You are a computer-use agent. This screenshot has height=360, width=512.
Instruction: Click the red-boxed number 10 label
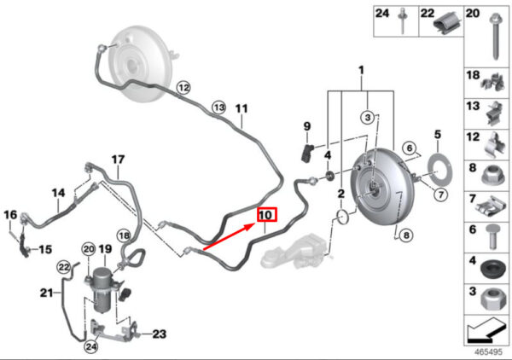pyautogui.click(x=267, y=215)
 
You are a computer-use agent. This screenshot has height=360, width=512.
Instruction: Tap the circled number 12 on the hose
pyautogui.click(x=183, y=88)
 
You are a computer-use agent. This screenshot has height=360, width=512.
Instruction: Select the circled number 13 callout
pyautogui.click(x=219, y=107)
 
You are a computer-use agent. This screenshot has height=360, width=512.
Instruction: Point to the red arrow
pyautogui.click(x=229, y=236)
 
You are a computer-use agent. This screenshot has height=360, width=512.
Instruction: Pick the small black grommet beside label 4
pyautogui.click(x=330, y=177)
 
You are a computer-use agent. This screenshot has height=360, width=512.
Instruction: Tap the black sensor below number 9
pyautogui.click(x=306, y=153)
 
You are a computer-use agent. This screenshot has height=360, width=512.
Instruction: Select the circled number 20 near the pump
pyautogui.click(x=89, y=250)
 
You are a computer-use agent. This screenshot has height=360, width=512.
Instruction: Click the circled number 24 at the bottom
pyautogui.click(x=91, y=346)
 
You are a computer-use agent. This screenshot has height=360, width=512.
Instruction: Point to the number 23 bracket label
pyautogui.click(x=160, y=334)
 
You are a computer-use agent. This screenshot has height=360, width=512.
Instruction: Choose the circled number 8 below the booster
pyautogui.click(x=406, y=235)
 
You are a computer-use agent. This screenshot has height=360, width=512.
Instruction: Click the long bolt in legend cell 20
pyautogui.click(x=495, y=37)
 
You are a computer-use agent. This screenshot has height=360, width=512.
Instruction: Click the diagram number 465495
pyautogui.click(x=488, y=352)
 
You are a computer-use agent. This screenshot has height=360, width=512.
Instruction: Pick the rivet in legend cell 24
pyautogui.click(x=402, y=21)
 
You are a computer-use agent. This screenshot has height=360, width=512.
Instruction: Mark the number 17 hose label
pyautogui.click(x=118, y=160)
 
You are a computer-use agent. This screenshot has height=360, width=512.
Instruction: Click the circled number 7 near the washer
pyautogui.click(x=441, y=195)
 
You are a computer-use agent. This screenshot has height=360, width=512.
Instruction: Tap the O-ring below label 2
pyautogui.click(x=342, y=218)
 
